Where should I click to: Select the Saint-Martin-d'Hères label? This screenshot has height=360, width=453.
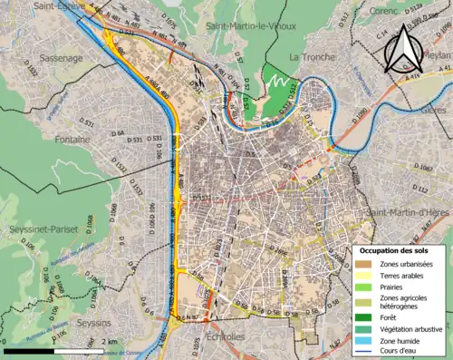click(x=407, y=213)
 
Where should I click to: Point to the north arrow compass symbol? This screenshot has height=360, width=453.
click(x=405, y=47)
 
